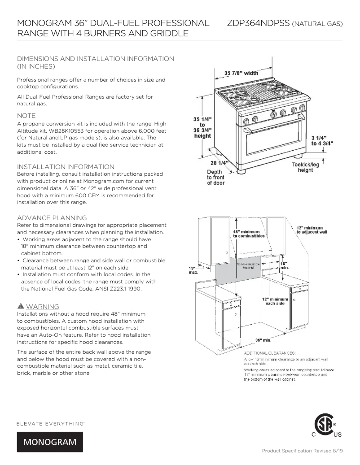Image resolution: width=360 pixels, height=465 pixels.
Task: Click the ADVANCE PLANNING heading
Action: coord(52,218)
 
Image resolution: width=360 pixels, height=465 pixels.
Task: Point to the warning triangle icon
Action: coord(20,307)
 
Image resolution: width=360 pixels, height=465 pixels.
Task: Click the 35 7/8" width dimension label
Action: coord(241,73)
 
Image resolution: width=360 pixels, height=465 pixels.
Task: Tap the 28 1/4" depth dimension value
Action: coord(220,163)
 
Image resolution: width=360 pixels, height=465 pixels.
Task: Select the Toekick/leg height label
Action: coord(305,167)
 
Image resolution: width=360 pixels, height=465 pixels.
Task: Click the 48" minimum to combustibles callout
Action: coord(249,234)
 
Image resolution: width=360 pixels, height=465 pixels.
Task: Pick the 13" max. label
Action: coord(193,270)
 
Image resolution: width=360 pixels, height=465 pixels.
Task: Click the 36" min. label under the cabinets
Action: coord(264,340)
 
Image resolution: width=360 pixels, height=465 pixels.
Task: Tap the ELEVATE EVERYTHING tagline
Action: coord(51,423)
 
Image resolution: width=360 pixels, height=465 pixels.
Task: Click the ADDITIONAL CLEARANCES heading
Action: coord(270,353)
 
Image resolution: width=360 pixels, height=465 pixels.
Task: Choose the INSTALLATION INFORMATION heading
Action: coord(66,167)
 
